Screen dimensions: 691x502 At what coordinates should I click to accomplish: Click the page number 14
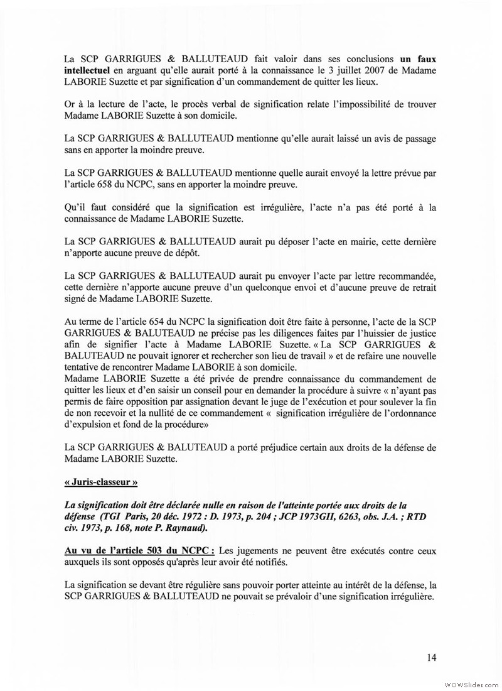pyautogui.click(x=430, y=658)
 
